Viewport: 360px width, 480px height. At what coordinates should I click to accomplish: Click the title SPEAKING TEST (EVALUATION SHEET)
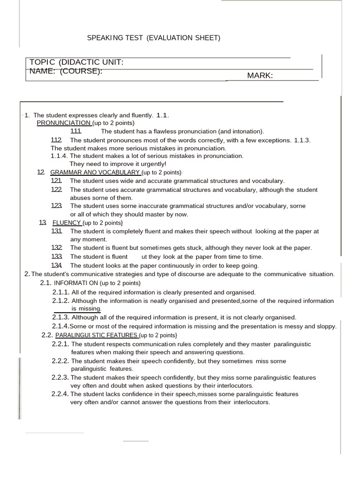[153, 38]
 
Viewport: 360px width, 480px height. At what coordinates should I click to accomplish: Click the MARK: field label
[257, 75]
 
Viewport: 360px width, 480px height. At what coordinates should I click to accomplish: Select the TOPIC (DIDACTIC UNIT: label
[76, 63]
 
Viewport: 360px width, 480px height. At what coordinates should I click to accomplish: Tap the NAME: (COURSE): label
[66, 71]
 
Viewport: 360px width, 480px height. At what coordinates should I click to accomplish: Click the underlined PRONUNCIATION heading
[64, 123]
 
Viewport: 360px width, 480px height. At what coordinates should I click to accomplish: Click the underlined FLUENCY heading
[67, 223]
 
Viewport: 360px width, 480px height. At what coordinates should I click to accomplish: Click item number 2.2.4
[60, 394]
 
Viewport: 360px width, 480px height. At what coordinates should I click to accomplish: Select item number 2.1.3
[61, 317]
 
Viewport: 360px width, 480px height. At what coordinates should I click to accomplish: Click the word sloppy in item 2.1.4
[326, 326]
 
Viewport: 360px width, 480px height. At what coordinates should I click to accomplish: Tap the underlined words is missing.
[86, 309]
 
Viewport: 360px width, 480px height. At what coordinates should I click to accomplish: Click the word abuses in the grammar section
[80, 198]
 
